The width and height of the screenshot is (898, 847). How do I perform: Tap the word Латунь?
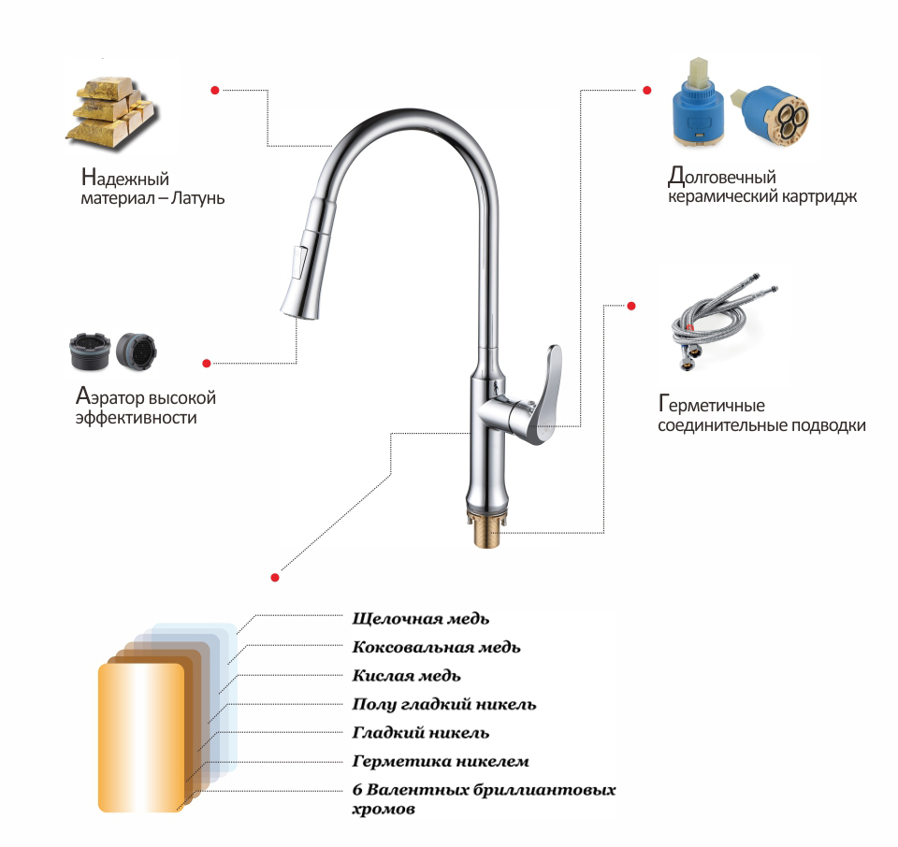point(197,198)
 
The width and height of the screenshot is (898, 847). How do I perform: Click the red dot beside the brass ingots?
point(215,91)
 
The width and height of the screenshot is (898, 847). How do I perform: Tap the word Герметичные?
point(711,404)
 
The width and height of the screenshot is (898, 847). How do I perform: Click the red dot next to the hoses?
point(631,307)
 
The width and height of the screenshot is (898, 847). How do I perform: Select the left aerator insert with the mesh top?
point(90,351)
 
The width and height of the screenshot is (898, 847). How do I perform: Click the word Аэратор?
point(110,396)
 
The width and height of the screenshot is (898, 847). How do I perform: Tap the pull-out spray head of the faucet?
point(307,256)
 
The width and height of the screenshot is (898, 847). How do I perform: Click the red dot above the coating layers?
point(275,578)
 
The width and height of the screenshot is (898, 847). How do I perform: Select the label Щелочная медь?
point(420,619)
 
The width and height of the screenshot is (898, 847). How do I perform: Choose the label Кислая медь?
point(406,676)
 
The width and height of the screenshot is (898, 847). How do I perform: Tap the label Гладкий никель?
point(420,733)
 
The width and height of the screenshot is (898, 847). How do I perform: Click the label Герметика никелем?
point(441,761)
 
